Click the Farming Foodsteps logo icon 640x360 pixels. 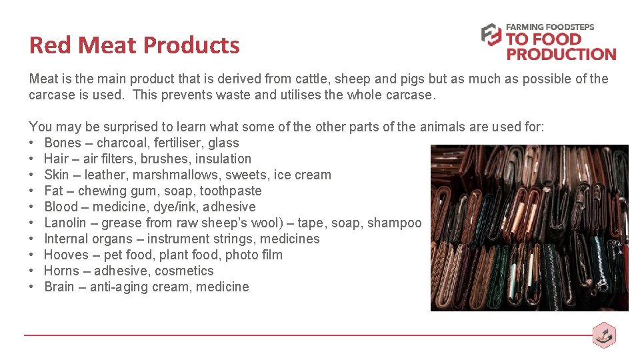(491, 35)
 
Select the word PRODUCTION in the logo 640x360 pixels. (561, 54)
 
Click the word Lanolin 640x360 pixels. (65, 223)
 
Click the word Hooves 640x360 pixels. (66, 255)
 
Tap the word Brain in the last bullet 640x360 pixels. (59, 287)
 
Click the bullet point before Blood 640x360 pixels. (32, 207)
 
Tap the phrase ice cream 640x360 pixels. (303, 175)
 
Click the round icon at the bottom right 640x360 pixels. (604, 335)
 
